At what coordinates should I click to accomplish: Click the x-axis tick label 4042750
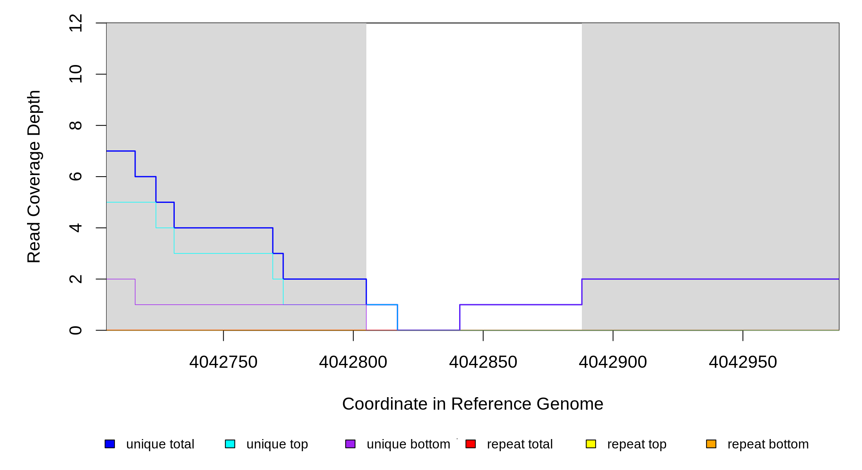coord(223,362)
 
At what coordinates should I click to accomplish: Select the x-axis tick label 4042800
coord(353,362)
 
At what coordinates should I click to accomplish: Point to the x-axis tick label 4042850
coord(483,362)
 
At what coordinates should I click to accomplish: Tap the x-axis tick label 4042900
coord(613,362)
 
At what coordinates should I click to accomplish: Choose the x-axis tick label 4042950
coord(743,362)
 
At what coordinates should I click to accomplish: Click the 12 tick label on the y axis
coord(76,23)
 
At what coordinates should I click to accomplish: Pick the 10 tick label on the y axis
coord(76,74)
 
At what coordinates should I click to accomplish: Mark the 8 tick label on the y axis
coord(76,125)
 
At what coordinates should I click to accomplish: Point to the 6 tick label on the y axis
coord(76,177)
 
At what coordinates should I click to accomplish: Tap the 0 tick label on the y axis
coord(76,330)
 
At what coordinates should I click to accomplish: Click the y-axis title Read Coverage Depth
coord(34,177)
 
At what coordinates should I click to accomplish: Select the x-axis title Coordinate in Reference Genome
coord(473,404)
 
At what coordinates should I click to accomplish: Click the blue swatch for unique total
coord(110,444)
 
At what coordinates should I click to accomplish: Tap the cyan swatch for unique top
coord(230,444)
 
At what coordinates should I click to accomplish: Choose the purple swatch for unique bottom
coord(350,444)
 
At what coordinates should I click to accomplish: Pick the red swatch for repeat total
coord(471,444)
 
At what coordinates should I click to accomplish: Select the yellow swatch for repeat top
coord(591,444)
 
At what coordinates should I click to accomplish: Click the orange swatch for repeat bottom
coord(711,444)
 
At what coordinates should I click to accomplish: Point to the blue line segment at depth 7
coord(121,151)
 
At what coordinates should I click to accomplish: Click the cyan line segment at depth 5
coord(131,202)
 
